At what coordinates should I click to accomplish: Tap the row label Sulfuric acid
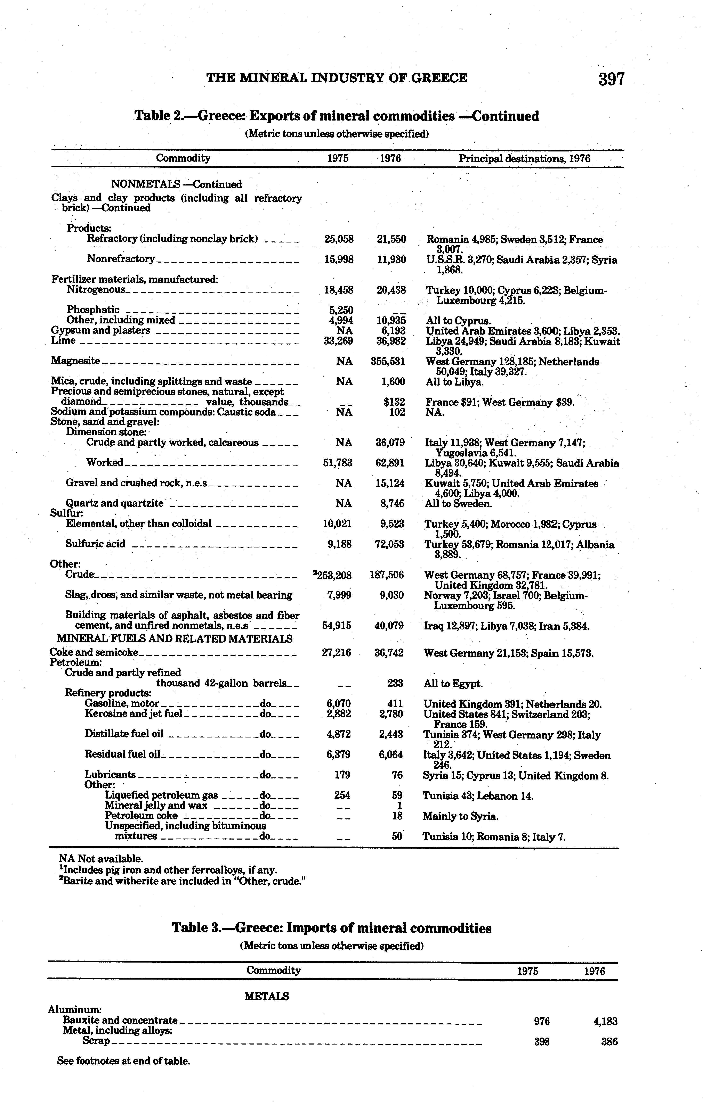[x=95, y=544]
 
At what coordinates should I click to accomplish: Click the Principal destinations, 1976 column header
[x=524, y=159]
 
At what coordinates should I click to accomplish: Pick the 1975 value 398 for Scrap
[x=541, y=1042]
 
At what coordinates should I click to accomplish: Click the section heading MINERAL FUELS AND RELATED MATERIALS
[x=175, y=639]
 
